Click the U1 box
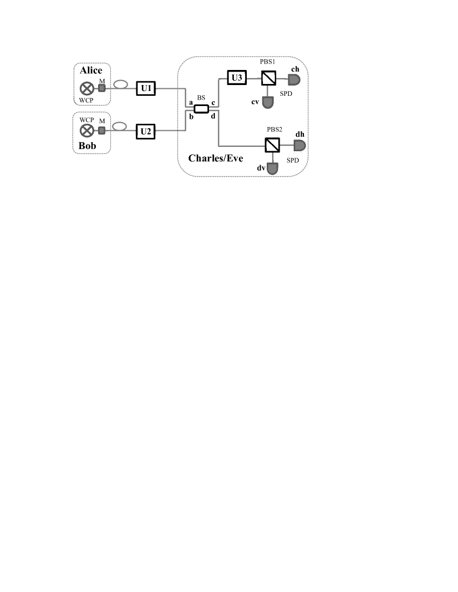pyautogui.click(x=145, y=88)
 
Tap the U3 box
pyautogui.click(x=236, y=79)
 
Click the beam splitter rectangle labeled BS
pyautogui.click(x=201, y=109)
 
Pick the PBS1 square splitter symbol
pyautogui.click(x=268, y=79)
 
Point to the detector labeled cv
pyautogui.click(x=268, y=102)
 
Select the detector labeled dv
pyautogui.click(x=274, y=169)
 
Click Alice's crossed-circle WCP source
pyautogui.click(x=86, y=88)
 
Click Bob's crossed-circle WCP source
pyautogui.click(x=86, y=130)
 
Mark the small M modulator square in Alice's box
pyautogui.click(x=102, y=88)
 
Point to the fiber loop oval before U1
pyautogui.click(x=120, y=84)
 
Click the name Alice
pyautogui.click(x=91, y=71)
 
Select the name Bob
pyautogui.click(x=87, y=146)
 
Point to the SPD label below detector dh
pyautogui.click(x=293, y=160)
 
